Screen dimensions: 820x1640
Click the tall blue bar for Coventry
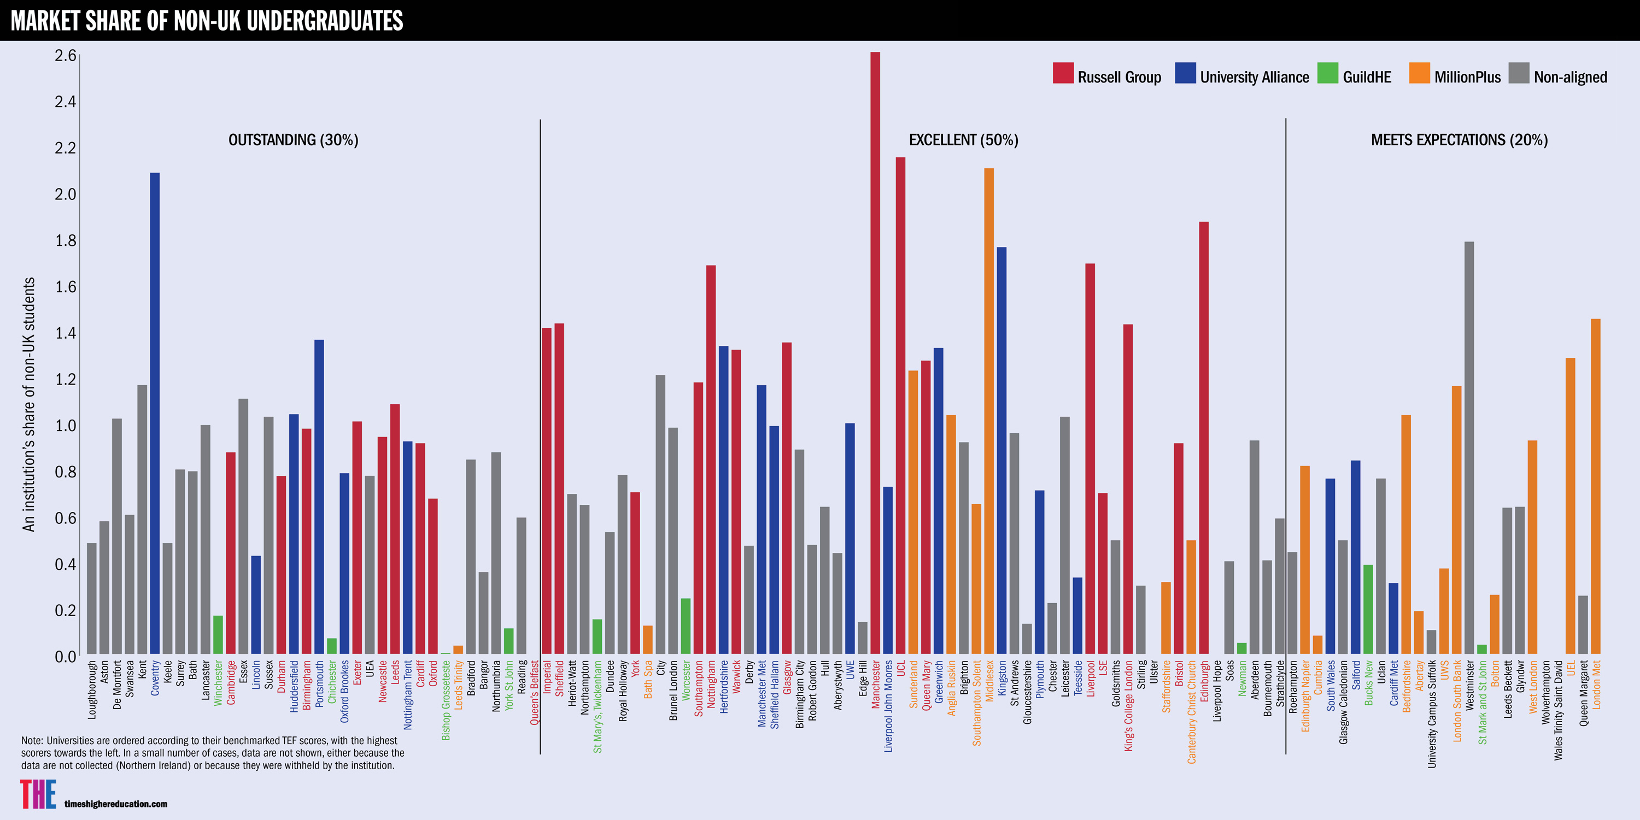click(155, 414)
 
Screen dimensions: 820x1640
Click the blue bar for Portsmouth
click(319, 497)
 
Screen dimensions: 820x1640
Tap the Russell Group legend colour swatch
click(1063, 73)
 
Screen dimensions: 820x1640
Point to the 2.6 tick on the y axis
click(65, 56)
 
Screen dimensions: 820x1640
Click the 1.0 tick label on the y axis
click(65, 426)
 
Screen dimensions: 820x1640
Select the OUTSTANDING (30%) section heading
click(294, 140)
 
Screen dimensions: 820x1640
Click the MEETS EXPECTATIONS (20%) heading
click(1459, 140)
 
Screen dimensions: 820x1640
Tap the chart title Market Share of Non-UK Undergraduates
click(207, 21)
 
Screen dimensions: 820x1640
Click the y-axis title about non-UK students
click(28, 404)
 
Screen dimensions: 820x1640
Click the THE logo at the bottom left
click(38, 794)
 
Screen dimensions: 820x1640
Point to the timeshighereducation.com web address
click(116, 804)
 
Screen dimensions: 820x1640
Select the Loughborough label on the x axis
click(92, 689)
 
